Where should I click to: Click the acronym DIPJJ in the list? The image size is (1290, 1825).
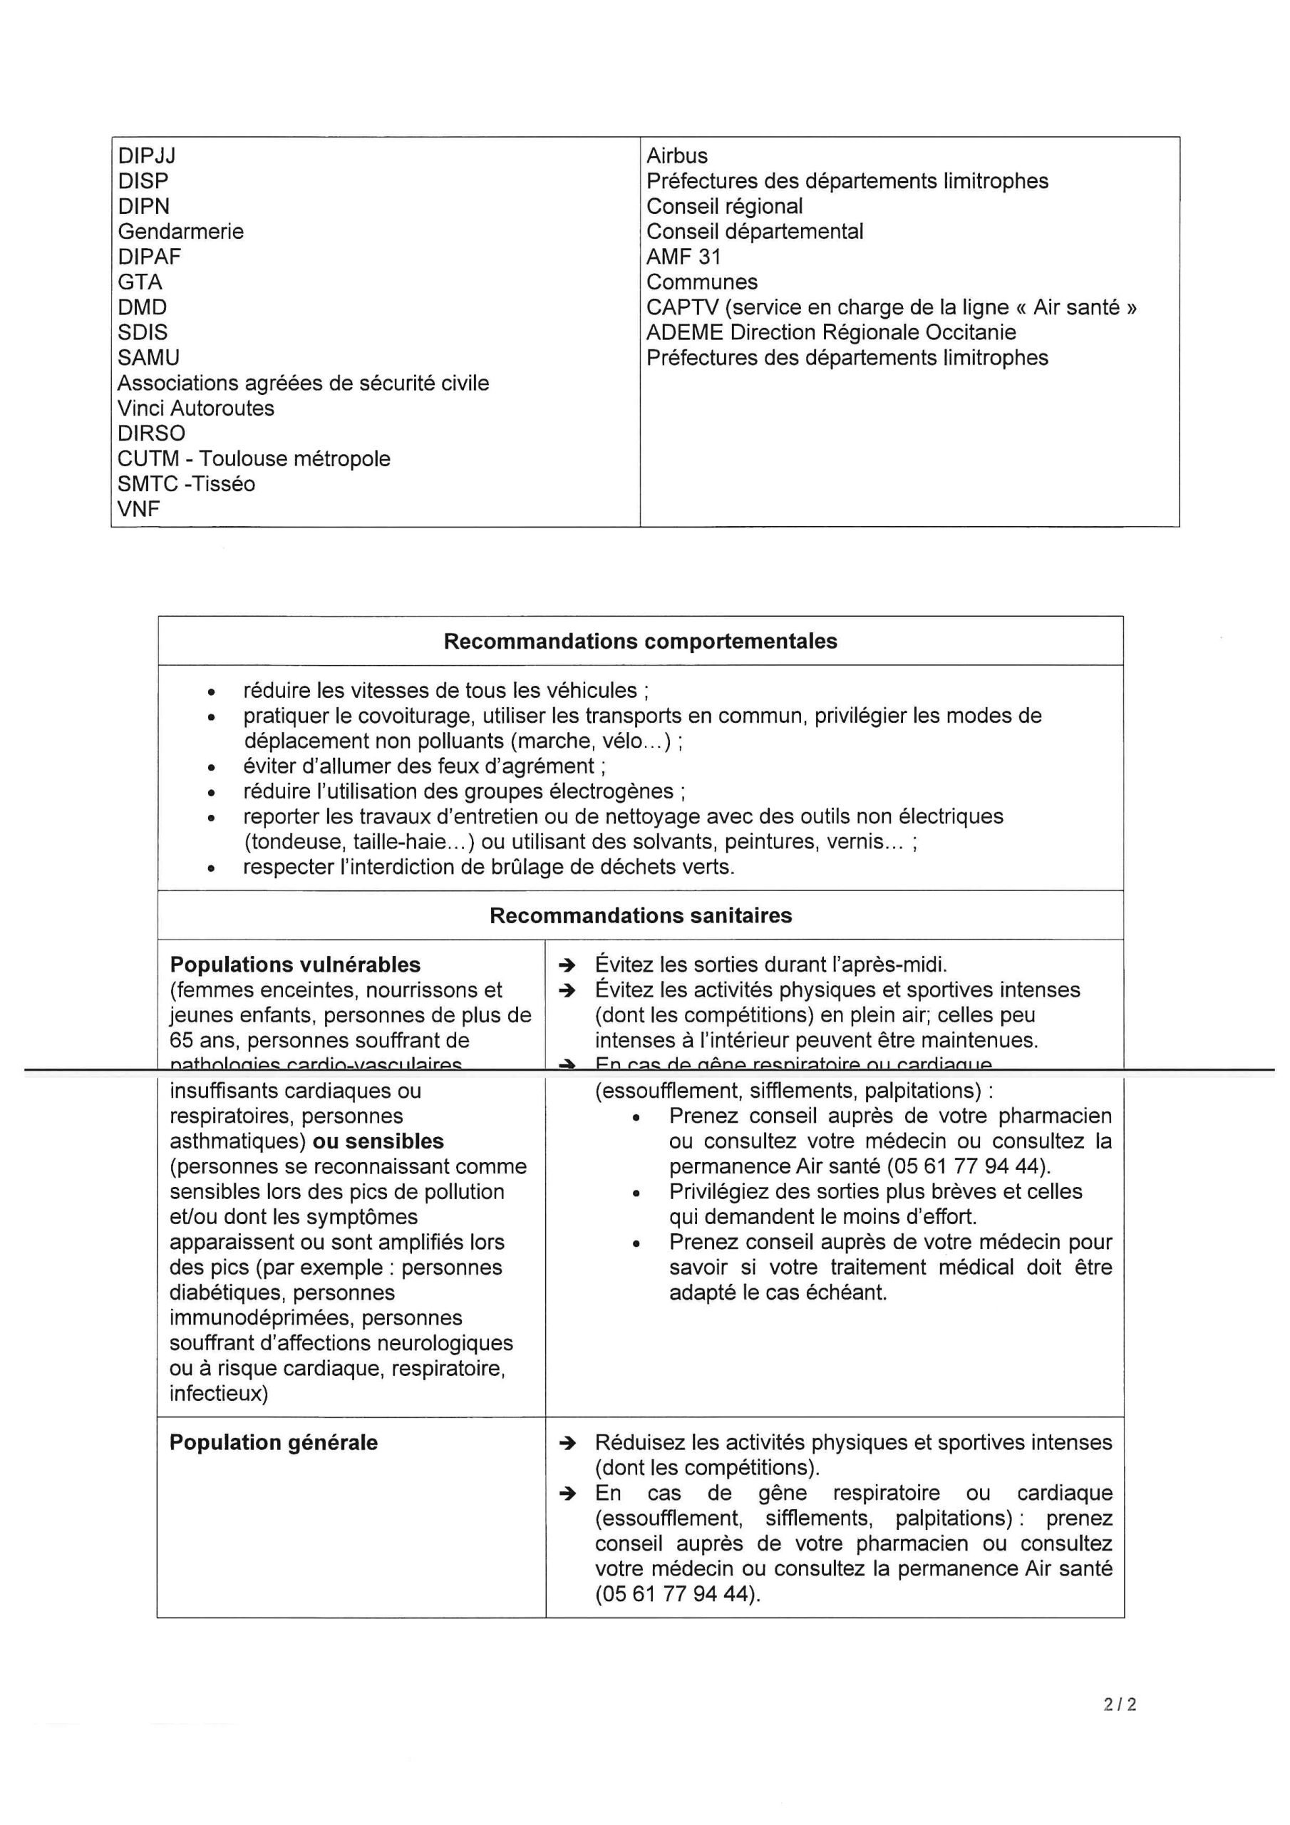coord(147,156)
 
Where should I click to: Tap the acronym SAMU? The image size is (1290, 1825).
coord(149,358)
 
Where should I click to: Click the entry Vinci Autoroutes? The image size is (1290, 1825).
coord(195,408)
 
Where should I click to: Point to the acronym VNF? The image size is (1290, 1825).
coord(139,510)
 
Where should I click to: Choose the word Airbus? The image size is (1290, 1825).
coord(676,156)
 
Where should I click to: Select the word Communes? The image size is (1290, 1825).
coord(702,282)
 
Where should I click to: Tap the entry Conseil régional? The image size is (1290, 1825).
coord(724,207)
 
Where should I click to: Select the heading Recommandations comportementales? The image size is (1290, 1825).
coord(640,642)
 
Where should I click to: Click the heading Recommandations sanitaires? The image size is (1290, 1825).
coord(640,915)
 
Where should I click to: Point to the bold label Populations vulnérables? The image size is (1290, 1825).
coord(295,965)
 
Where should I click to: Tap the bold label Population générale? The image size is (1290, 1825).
coord(274,1443)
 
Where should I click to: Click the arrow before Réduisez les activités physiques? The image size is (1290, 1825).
coord(567,1444)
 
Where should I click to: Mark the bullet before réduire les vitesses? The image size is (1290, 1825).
coord(211,692)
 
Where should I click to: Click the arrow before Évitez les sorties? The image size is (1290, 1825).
coord(567,966)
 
